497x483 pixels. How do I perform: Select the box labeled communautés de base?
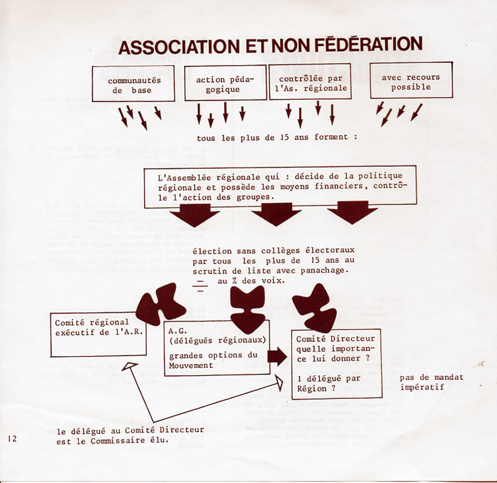click(133, 83)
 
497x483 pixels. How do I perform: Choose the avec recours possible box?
click(411, 80)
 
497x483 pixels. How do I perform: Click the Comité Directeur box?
click(336, 363)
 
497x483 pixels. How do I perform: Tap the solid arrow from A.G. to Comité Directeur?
click(277, 357)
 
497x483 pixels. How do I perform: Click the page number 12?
click(13, 438)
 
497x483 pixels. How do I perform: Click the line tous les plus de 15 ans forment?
click(277, 138)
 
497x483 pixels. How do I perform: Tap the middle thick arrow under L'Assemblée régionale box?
click(276, 214)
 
